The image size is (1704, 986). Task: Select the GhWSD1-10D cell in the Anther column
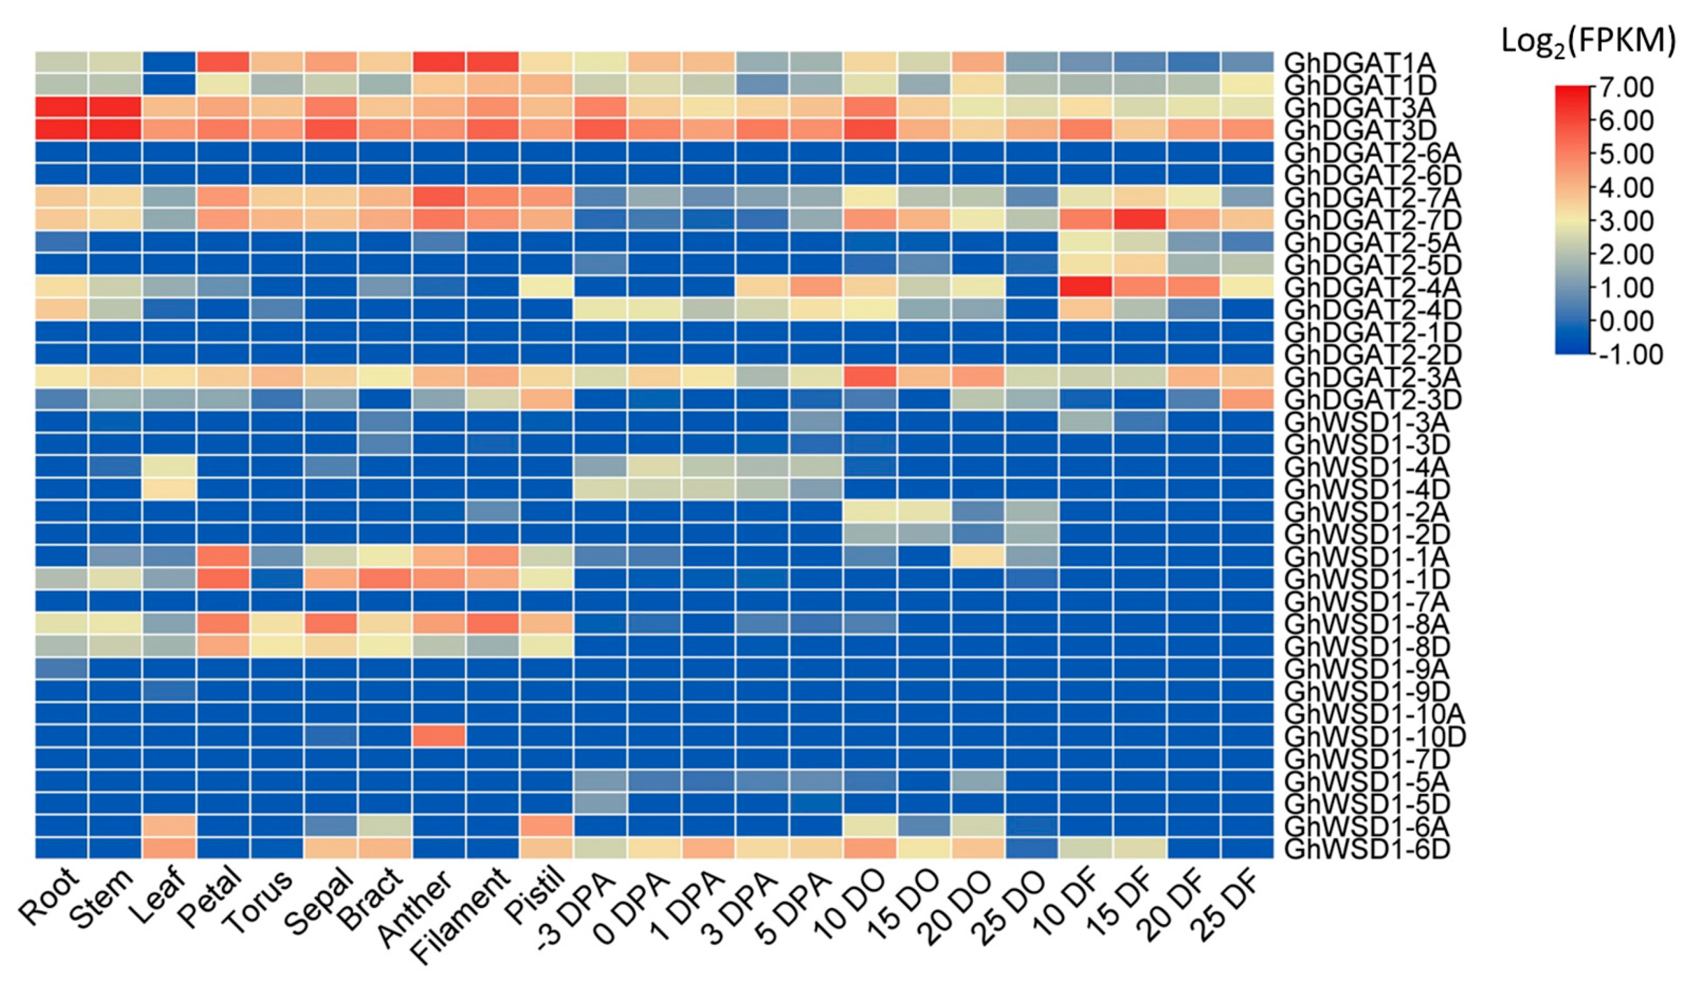coord(438,736)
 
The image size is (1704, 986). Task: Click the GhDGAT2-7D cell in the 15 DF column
coord(1140,220)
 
